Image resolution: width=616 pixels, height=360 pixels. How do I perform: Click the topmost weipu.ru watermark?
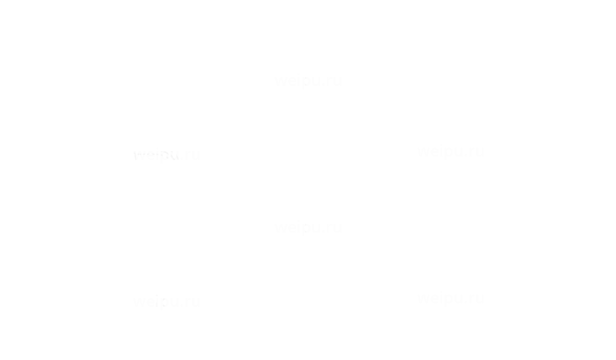308,80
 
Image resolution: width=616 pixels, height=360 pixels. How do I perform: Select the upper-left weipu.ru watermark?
166,155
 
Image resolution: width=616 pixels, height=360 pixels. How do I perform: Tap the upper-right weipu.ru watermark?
450,151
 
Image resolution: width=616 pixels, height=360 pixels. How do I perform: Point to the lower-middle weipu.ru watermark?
308,227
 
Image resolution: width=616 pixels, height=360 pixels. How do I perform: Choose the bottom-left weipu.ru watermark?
166,302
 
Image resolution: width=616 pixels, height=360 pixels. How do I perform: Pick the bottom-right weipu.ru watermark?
450,298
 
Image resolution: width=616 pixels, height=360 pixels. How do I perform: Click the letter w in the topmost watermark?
281,81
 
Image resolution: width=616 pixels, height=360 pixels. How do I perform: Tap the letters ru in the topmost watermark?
334,81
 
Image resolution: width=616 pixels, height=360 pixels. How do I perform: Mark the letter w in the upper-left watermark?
139,156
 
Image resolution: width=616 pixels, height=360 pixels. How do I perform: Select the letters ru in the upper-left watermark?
192,156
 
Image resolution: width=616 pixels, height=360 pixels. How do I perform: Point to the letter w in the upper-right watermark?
423,152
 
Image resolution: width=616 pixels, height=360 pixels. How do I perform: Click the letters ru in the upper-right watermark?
476,152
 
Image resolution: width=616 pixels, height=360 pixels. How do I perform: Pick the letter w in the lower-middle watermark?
281,228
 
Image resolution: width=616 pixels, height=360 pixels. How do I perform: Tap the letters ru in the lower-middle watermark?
334,228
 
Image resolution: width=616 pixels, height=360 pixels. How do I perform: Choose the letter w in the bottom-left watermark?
139,303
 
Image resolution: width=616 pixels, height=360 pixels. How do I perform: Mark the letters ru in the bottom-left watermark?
192,303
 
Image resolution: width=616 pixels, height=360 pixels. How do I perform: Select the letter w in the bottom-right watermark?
423,299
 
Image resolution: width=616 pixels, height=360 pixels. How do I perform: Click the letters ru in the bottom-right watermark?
476,299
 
